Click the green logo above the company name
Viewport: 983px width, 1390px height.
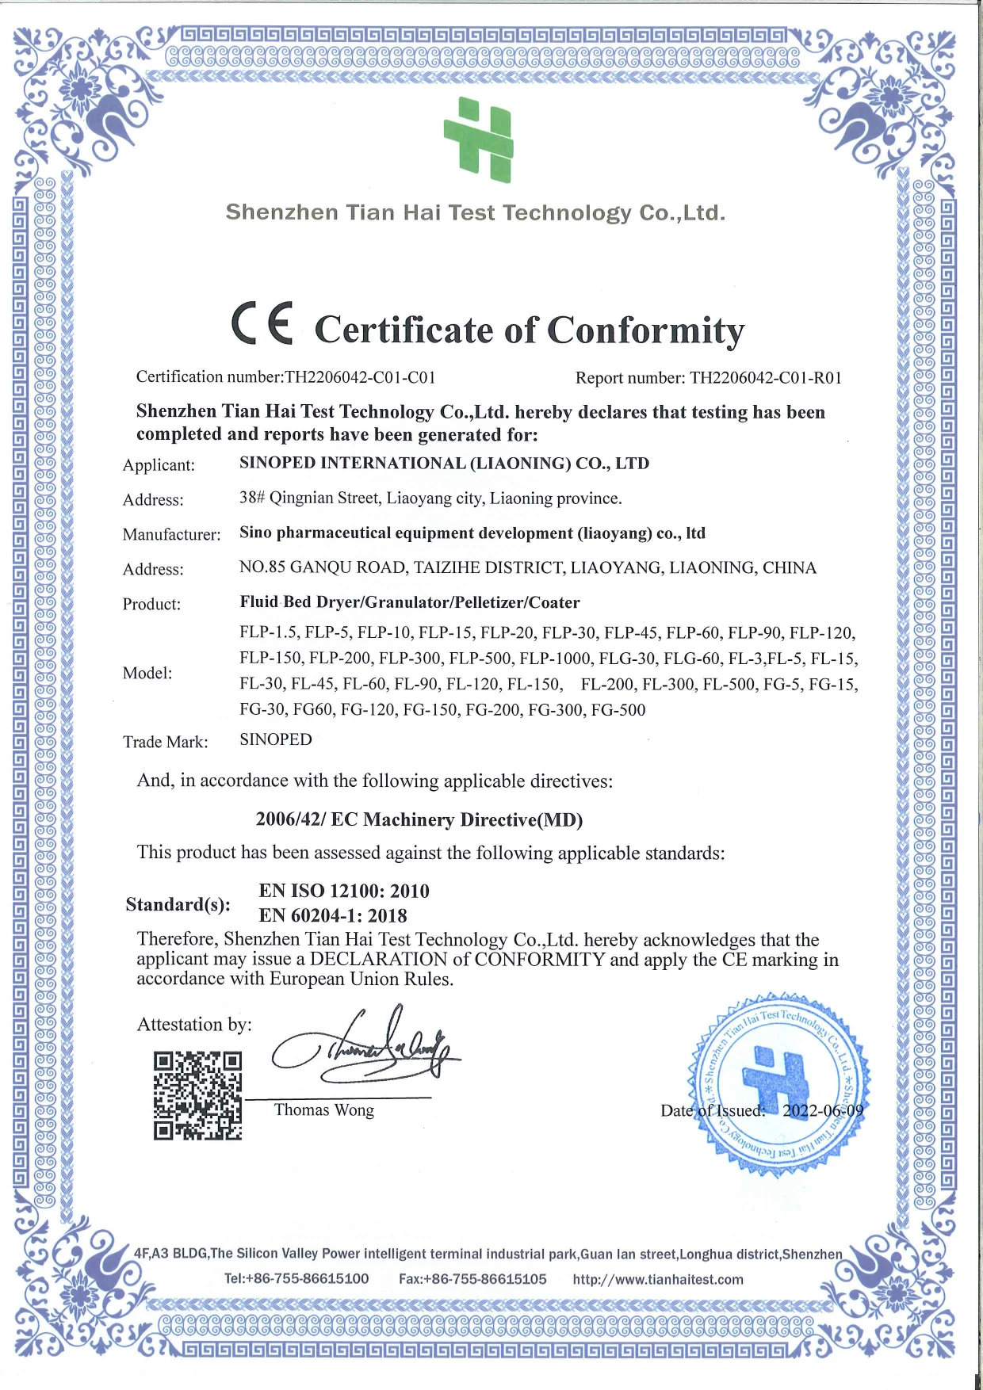(x=479, y=139)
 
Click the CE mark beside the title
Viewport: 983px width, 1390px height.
(x=262, y=324)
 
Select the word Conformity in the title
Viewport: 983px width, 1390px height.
(x=645, y=330)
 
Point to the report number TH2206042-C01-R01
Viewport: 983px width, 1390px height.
(x=765, y=378)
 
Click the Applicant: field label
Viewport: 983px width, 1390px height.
(x=159, y=465)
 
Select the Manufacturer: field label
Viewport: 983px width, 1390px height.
(x=171, y=535)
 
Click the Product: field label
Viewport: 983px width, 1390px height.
(x=151, y=605)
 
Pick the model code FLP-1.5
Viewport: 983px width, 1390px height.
(x=268, y=633)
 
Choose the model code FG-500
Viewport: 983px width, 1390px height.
(x=618, y=710)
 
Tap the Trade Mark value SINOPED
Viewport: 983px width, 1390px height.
(x=276, y=739)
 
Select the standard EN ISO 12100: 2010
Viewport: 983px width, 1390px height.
(x=344, y=891)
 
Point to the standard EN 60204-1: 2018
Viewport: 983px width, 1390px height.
(x=333, y=915)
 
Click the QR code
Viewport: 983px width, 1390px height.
(x=197, y=1096)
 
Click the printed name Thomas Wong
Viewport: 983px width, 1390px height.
(x=324, y=1110)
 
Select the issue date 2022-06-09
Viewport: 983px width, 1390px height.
(x=823, y=1110)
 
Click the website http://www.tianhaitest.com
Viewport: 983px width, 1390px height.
(x=658, y=1279)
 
